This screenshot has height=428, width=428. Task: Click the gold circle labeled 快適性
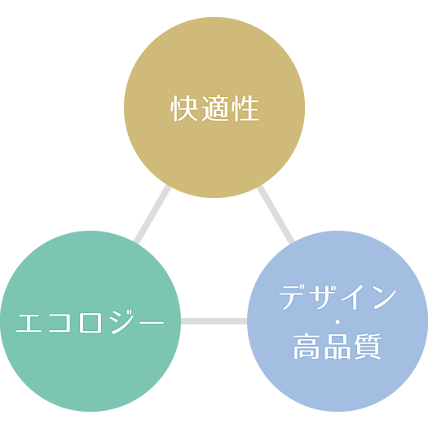pyautogui.click(x=214, y=108)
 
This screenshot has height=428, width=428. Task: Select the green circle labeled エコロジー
pyautogui.click(x=90, y=321)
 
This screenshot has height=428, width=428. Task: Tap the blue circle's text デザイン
pyautogui.click(x=338, y=298)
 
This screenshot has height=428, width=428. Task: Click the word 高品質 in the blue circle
pyautogui.click(x=338, y=346)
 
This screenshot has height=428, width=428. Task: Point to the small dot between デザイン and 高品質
pyautogui.click(x=338, y=322)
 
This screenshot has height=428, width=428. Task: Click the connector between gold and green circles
pyautogui.click(x=152, y=214)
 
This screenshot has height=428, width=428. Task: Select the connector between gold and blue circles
pyautogui.click(x=276, y=214)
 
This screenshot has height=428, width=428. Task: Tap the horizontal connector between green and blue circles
pyautogui.click(x=214, y=321)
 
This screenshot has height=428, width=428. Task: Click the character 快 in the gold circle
pyautogui.click(x=183, y=108)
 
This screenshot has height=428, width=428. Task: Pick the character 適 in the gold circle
pyautogui.click(x=215, y=108)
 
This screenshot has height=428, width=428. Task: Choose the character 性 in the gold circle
pyautogui.click(x=245, y=108)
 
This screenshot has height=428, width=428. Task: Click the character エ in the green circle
pyautogui.click(x=29, y=323)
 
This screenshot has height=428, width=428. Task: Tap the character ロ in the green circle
pyautogui.click(x=90, y=323)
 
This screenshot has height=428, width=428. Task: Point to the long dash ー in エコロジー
pyautogui.click(x=152, y=323)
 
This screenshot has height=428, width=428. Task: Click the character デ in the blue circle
pyautogui.click(x=293, y=298)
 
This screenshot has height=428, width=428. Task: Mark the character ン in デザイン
pyautogui.click(x=385, y=298)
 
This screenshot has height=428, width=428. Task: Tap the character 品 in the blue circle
pyautogui.click(x=338, y=346)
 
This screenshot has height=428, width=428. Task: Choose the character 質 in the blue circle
pyautogui.click(x=368, y=346)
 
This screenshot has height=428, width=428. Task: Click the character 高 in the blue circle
pyautogui.click(x=307, y=346)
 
